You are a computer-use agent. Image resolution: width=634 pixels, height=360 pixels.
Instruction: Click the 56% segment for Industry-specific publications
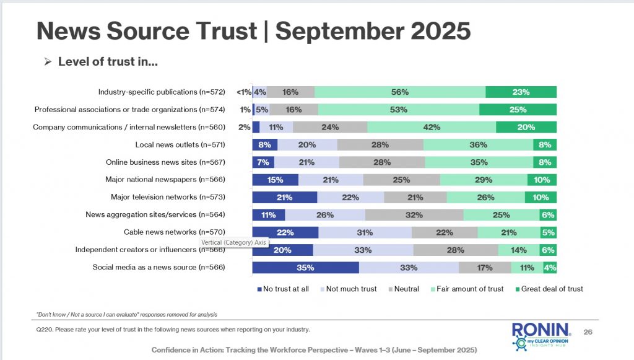point(400,92)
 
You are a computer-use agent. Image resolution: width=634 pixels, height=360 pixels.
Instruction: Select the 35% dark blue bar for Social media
point(305,268)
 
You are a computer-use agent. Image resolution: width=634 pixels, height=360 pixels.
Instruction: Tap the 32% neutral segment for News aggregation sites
point(414,215)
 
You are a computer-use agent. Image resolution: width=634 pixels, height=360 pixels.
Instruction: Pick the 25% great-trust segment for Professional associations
point(518,110)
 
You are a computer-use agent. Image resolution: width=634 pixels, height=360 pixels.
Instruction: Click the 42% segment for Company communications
point(432,127)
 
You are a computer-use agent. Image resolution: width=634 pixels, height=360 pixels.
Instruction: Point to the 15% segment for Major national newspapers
point(275,180)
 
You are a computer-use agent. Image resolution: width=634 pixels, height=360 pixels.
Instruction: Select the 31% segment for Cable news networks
point(365,232)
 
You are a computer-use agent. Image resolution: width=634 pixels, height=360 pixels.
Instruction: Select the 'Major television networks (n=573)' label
point(167,197)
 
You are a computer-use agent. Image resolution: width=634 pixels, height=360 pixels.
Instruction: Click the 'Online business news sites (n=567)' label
point(165,162)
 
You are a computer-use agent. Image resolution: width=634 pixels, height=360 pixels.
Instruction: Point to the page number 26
point(588,332)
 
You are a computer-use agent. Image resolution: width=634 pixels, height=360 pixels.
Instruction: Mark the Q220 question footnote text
point(173,329)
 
